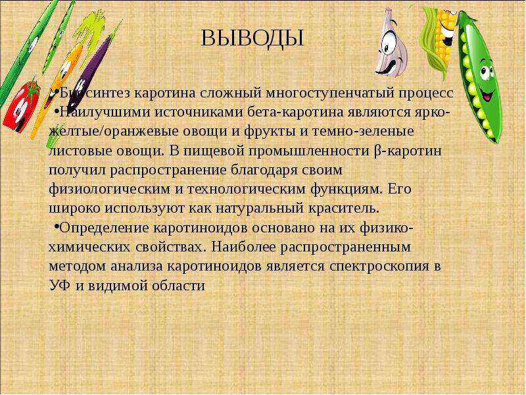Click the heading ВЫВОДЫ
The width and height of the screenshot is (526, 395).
point(252,38)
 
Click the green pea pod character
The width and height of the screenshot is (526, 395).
point(479,76)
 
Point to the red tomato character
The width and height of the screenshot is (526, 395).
point(22,106)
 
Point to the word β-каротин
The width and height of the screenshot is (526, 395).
point(407,151)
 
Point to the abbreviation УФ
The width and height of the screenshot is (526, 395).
point(60,286)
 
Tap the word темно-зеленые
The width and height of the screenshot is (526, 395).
point(363,131)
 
